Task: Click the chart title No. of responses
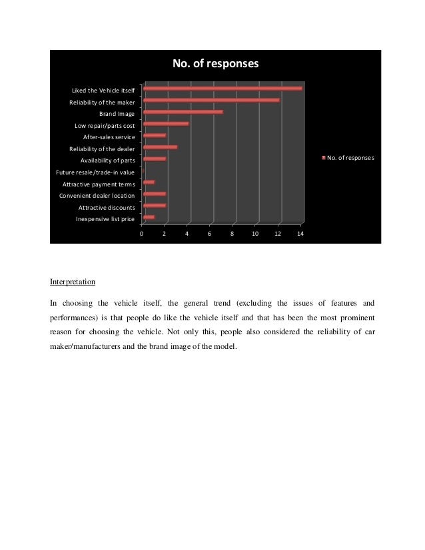point(214,64)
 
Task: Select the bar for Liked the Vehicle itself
point(222,88)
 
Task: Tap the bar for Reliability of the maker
point(211,100)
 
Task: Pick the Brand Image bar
point(183,112)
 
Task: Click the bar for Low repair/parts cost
point(165,123)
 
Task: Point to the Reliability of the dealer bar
point(160,146)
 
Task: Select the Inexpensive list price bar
point(149,217)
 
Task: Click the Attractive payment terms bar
point(149,182)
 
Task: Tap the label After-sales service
point(109,137)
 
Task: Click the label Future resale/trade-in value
point(95,172)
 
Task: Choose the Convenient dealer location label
point(97,196)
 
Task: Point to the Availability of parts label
point(107,160)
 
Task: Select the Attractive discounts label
point(106,207)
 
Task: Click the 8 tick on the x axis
point(232,234)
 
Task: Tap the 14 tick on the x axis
point(300,234)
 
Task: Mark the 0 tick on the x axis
point(141,234)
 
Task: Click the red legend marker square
point(324,158)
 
